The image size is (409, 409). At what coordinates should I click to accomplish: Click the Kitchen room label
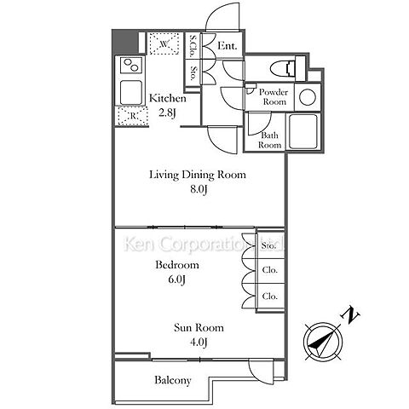tap(168, 99)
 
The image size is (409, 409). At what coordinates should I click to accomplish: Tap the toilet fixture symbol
tap(287, 68)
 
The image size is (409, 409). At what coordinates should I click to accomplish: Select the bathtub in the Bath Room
tap(302, 131)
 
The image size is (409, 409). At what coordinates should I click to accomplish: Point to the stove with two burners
tap(130, 65)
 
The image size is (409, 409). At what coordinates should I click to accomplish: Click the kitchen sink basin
tap(130, 93)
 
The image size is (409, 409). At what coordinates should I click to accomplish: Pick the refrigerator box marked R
tap(133, 116)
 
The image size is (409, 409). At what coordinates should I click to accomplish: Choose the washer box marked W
tap(164, 43)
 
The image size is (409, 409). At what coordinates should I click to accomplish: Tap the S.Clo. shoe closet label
tap(193, 46)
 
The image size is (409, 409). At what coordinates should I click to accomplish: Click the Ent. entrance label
tap(228, 46)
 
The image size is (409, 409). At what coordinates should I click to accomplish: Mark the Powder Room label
tap(274, 97)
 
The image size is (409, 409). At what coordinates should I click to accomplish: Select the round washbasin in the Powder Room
tap(308, 97)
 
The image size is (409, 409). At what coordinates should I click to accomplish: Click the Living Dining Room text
tap(198, 175)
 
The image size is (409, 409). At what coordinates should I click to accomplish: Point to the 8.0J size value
tap(199, 190)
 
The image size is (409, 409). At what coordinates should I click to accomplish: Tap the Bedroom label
tap(177, 265)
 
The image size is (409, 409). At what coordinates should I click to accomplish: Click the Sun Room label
tap(199, 328)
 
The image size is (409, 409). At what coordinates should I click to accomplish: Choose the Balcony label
tap(173, 380)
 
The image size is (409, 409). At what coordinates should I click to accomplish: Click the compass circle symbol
tap(323, 341)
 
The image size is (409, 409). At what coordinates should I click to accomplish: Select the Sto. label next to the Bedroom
tap(268, 245)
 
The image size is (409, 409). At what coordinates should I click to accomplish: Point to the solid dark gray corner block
tap(125, 42)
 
